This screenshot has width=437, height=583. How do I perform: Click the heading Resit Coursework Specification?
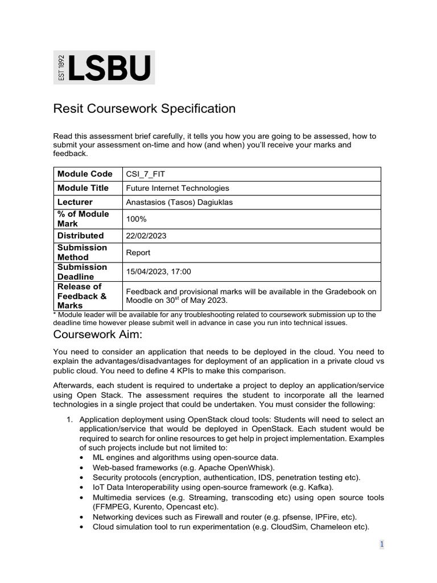(144, 108)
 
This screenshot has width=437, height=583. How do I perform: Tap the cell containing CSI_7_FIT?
(145, 174)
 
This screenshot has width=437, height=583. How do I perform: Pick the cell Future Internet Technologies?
(177, 188)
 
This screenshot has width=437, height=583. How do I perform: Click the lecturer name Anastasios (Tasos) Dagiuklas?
(180, 202)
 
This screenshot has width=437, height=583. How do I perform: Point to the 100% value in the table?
(135, 219)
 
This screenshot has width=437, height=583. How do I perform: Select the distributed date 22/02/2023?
(147, 236)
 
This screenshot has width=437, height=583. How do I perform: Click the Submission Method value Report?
(138, 252)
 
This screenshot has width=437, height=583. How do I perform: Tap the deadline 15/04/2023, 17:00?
(158, 272)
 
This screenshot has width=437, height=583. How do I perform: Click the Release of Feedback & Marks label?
(82, 295)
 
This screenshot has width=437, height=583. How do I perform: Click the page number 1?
(382, 544)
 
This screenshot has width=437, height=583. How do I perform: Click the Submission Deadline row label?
(82, 272)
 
